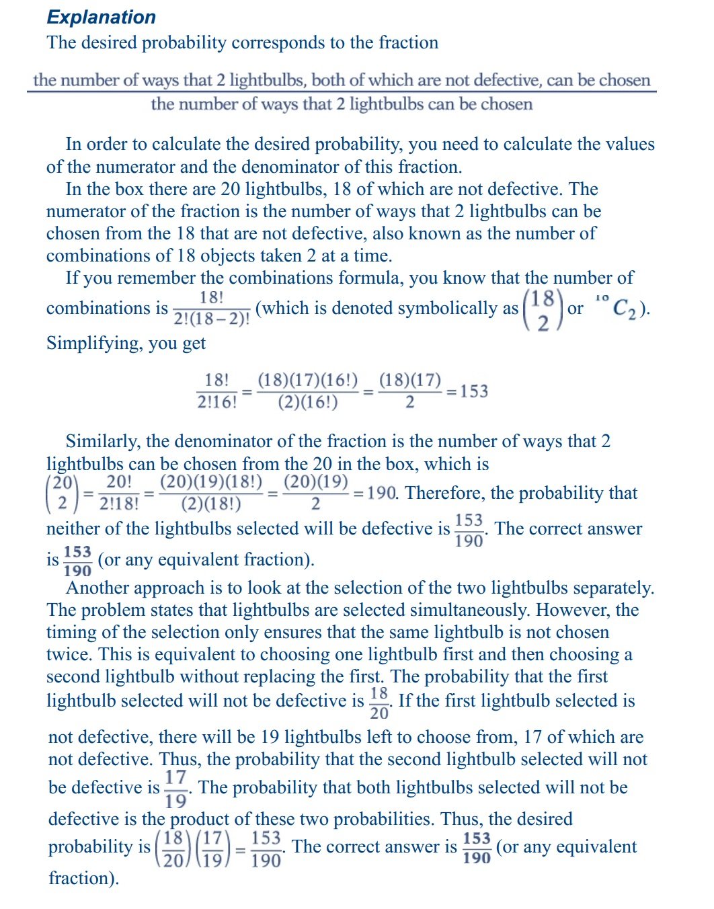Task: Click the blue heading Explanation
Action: coord(102,17)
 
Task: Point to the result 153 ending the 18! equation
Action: coord(474,391)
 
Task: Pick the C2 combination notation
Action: coord(624,309)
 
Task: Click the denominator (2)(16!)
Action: coord(307,402)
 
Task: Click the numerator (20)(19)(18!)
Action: coord(211,482)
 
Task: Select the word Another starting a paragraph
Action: coord(102,588)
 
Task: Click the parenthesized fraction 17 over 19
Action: coord(212,848)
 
